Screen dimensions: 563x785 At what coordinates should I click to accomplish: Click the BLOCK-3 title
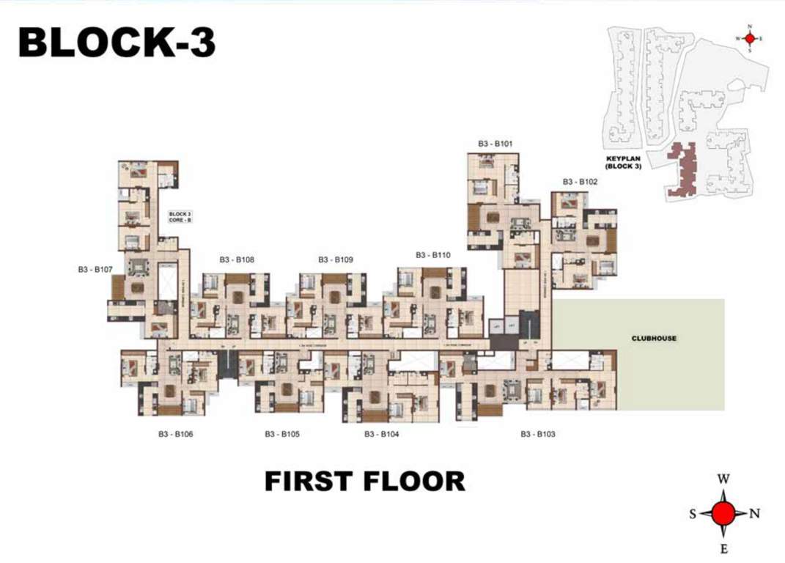click(117, 43)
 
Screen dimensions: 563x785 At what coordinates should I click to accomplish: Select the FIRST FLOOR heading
click(364, 482)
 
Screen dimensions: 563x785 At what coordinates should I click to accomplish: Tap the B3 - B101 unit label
click(495, 144)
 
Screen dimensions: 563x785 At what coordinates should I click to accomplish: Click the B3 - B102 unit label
click(581, 182)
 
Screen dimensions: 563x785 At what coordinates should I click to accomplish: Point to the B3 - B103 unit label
click(538, 434)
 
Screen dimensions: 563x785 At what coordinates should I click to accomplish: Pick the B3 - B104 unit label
click(382, 434)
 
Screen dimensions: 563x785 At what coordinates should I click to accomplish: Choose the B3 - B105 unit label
click(282, 434)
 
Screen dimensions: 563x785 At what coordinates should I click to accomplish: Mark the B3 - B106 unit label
click(176, 434)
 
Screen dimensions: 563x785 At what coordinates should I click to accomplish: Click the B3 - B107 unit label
click(95, 270)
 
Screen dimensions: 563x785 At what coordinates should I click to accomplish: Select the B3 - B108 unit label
click(237, 260)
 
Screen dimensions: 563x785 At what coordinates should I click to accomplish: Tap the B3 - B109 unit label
click(336, 260)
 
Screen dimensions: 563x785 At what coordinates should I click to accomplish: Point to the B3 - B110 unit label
click(432, 255)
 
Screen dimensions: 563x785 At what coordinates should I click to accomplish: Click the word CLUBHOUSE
click(654, 339)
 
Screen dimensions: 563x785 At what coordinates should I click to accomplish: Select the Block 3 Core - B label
click(180, 216)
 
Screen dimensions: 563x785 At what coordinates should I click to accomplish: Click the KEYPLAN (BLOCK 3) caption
click(623, 163)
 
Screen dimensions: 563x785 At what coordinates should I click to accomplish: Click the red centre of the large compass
click(723, 513)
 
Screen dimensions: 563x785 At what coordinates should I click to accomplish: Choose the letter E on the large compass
click(723, 548)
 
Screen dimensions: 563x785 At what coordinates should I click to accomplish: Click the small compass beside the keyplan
click(750, 38)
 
